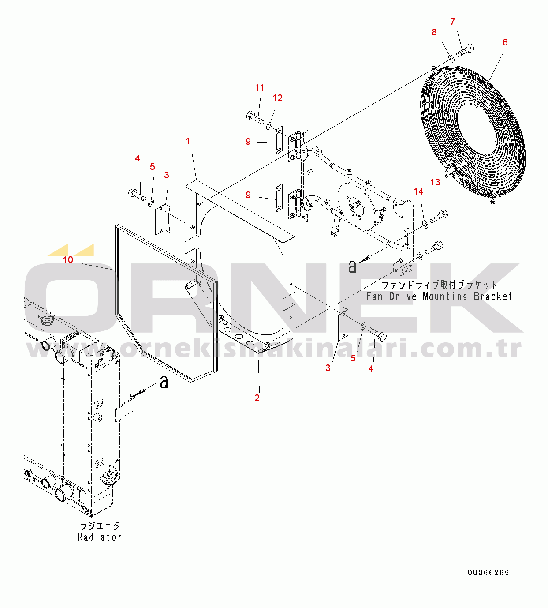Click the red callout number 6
click(x=505, y=42)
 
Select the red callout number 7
click(x=452, y=22)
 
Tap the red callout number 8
click(x=434, y=32)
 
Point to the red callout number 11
click(x=260, y=88)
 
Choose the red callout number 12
click(x=277, y=98)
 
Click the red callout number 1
click(x=188, y=141)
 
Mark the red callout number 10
click(x=68, y=260)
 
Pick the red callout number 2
click(x=257, y=398)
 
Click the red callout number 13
click(x=435, y=182)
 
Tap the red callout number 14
click(x=418, y=191)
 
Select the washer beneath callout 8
click(x=451, y=58)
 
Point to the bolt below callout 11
click(x=255, y=118)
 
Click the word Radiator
click(x=100, y=537)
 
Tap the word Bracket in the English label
click(x=493, y=296)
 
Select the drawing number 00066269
click(x=488, y=573)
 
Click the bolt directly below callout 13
click(x=439, y=217)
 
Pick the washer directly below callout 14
click(x=425, y=225)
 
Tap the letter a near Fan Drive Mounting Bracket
click(x=352, y=266)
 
